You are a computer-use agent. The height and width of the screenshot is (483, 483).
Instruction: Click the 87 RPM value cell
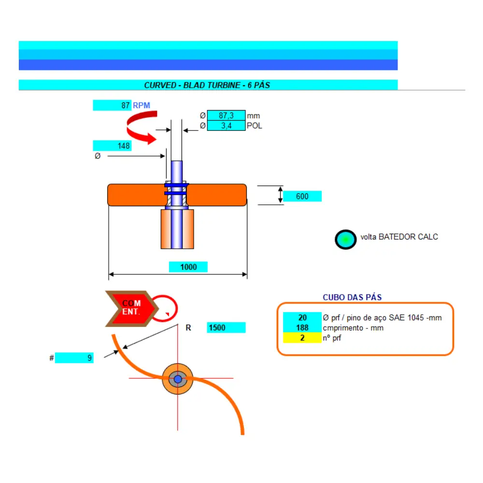(112, 105)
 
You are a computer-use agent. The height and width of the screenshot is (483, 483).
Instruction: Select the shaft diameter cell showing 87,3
(227, 115)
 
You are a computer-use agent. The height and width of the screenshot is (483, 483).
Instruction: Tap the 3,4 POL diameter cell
(227, 126)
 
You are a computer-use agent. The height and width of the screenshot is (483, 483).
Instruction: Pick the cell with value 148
(112, 146)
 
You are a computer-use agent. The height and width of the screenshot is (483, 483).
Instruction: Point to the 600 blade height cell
(302, 196)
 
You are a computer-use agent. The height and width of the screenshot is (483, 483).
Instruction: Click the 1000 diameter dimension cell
(188, 267)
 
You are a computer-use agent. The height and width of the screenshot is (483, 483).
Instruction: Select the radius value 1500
(226, 327)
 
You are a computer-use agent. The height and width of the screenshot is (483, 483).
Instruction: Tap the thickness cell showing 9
(74, 358)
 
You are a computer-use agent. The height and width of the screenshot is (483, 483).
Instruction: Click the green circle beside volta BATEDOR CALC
(346, 240)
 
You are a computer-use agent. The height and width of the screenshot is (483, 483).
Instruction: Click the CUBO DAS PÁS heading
(352, 297)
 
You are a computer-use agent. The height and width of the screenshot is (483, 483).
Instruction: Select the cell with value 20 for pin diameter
(302, 317)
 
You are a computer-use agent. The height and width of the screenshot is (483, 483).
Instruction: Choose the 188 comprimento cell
(302, 327)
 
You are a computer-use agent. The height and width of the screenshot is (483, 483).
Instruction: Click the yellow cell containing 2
(302, 338)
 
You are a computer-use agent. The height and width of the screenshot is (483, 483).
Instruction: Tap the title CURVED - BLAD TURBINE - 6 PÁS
(207, 85)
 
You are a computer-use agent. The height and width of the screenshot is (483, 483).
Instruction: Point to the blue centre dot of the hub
(178, 379)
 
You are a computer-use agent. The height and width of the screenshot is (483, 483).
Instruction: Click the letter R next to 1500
(188, 328)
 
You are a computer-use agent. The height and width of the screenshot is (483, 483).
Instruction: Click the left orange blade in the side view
(137, 195)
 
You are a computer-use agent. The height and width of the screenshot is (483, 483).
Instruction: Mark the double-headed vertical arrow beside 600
(280, 195)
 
